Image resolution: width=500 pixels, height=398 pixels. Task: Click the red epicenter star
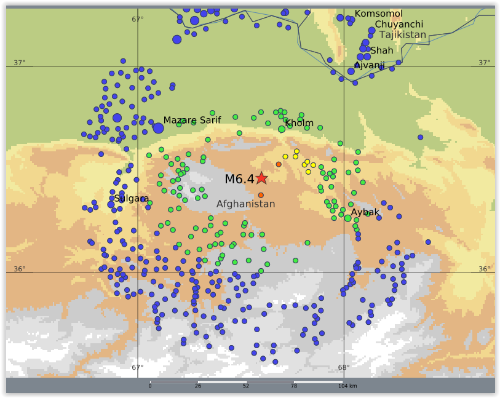pos(261,178)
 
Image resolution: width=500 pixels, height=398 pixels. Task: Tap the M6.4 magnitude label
pos(239,179)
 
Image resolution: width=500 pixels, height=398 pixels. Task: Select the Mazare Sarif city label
pos(192,121)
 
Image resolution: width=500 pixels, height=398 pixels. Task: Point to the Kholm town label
pos(300,123)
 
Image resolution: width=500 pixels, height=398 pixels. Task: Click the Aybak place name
pos(365,212)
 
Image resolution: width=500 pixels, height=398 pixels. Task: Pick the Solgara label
pos(132,199)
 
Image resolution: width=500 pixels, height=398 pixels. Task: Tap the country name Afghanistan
pos(245,204)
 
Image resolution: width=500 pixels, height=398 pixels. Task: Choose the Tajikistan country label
pos(402,35)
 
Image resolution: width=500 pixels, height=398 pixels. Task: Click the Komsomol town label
pos(379,14)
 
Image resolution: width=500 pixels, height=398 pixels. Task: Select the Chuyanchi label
pos(399,25)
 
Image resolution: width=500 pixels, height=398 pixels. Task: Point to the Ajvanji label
pos(370,65)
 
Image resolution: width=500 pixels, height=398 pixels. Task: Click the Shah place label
pos(382,50)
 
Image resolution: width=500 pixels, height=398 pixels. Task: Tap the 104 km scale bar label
pos(347,386)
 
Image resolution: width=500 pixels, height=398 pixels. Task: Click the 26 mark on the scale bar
pos(198,386)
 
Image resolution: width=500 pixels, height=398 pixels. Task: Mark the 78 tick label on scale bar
pos(294,386)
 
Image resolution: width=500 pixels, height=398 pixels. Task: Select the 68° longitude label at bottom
pos(344,368)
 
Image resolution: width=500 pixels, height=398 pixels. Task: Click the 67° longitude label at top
pos(138,19)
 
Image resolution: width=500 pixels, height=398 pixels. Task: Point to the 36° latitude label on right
pos(485,269)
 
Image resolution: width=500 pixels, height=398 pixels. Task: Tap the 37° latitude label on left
pos(20,63)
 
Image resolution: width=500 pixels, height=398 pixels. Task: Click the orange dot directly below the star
pos(261,195)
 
